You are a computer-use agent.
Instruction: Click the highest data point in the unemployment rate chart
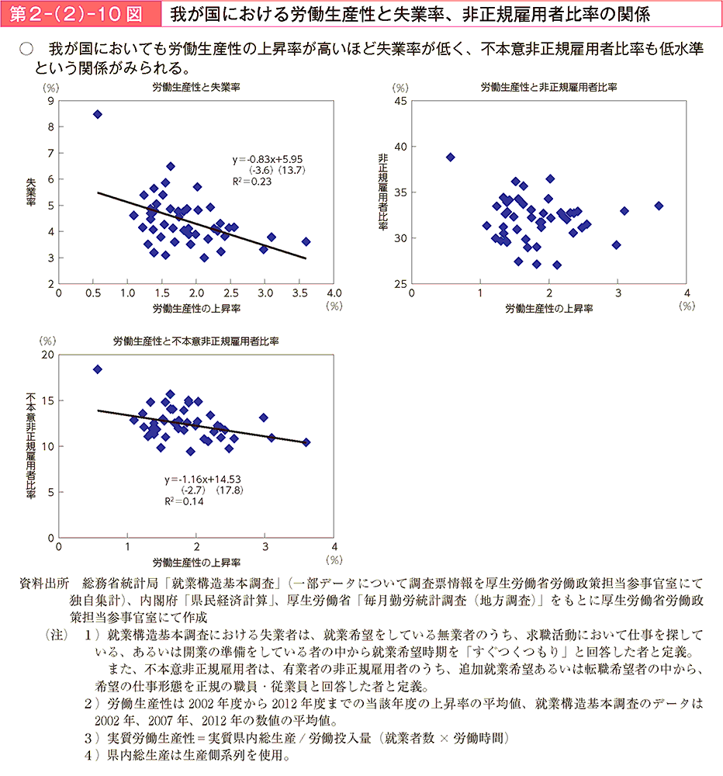98,114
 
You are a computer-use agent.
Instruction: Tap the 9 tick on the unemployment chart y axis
50,101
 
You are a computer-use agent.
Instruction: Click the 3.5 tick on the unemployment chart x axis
299,293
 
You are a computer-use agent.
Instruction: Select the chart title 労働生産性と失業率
196,87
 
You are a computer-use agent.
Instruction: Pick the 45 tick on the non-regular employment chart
400,101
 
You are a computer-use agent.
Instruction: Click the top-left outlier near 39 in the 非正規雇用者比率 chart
451,157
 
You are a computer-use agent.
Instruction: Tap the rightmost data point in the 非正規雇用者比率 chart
659,206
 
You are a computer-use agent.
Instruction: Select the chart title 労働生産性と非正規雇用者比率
548,87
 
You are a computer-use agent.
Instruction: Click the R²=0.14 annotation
184,501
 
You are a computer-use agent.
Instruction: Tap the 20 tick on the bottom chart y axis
48,355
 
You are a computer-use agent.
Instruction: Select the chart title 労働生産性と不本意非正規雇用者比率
196,341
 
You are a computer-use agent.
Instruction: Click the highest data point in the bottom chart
98,369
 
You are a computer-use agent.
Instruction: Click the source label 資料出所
44,582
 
